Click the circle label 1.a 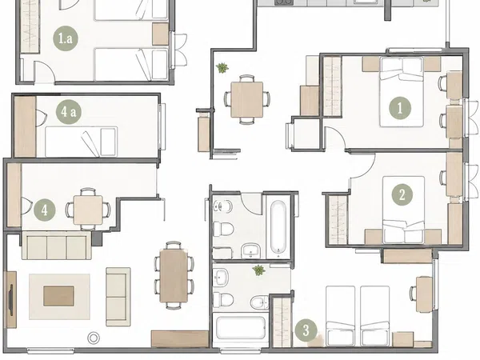pyautogui.click(x=66, y=39)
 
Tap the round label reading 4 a pyautogui.click(x=68, y=112)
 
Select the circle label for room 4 pyautogui.click(x=45, y=210)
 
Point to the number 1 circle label pyautogui.click(x=400, y=108)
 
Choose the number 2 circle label pyautogui.click(x=402, y=194)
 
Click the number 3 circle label pyautogui.click(x=306, y=330)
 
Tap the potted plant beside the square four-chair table pyautogui.click(x=222, y=68)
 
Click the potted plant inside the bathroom pyautogui.click(x=259, y=270)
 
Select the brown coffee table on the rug pyautogui.click(x=58, y=296)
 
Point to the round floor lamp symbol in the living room pyautogui.click(x=94, y=338)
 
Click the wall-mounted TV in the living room pyautogui.click(x=11, y=300)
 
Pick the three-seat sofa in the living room pyautogui.click(x=57, y=246)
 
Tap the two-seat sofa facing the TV pyautogui.click(x=118, y=297)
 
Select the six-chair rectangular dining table pyautogui.click(x=174, y=275)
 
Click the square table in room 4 pyautogui.click(x=88, y=210)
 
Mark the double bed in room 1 pyautogui.click(x=402, y=92)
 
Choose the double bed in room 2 pyautogui.click(x=404, y=210)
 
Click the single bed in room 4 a pyautogui.click(x=81, y=142)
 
